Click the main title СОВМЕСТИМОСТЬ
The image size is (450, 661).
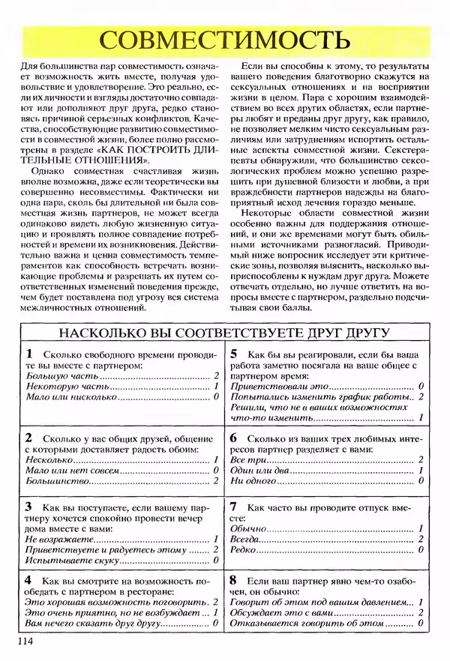[x=224, y=39]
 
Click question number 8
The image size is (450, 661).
[x=234, y=580]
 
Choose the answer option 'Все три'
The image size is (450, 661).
[x=245, y=459]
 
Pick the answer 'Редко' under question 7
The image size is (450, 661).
[x=244, y=549]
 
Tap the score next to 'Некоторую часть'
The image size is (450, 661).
[x=215, y=387]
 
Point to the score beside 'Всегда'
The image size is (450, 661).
[x=421, y=539]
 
